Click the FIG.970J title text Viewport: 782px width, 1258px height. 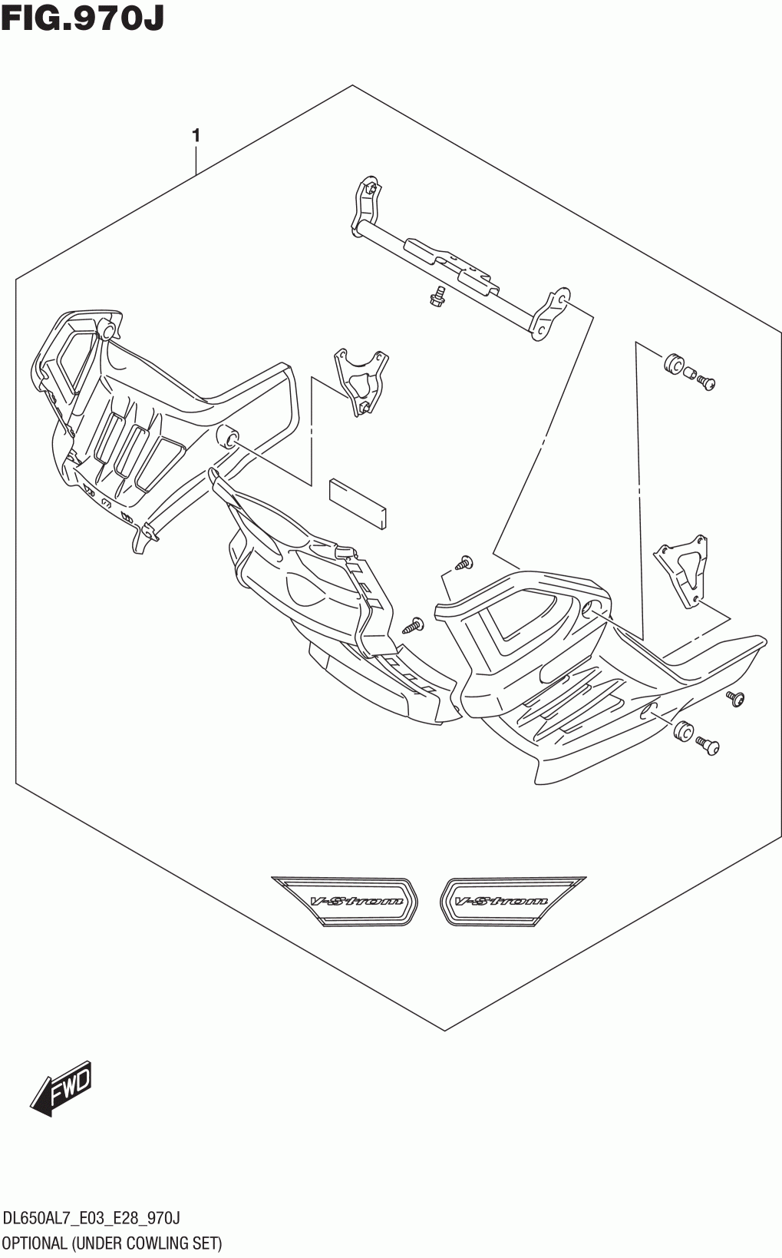83,18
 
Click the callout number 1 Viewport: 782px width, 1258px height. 196,136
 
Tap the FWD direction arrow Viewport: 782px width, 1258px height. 62,1088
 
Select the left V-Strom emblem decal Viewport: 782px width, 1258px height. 345,901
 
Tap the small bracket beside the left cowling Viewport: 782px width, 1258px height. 359,379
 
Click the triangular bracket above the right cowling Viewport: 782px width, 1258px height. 681,568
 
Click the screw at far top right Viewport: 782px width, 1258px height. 705,381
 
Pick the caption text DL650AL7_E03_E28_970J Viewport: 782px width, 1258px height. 92,1218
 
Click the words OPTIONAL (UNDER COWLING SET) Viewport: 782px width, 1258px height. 112,1242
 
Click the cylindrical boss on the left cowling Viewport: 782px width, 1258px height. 228,436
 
